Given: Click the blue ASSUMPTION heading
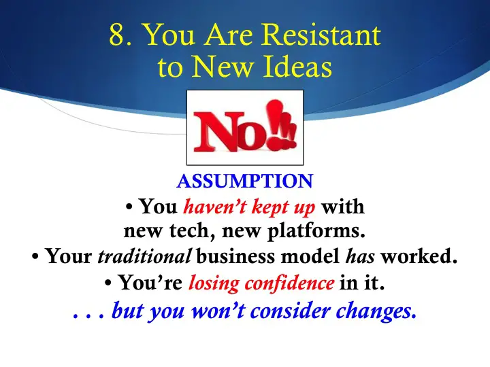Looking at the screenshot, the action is (245, 181).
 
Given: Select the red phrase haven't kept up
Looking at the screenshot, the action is (249, 207).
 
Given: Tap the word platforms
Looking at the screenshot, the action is (316, 232).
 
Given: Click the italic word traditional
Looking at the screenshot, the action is (144, 256).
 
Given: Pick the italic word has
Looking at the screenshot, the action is (360, 256).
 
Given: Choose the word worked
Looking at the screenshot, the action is (419, 256).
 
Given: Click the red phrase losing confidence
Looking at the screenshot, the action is (261, 283).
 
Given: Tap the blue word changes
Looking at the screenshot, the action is (376, 311).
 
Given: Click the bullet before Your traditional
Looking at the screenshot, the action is (35, 257).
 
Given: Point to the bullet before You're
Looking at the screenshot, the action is (108, 283).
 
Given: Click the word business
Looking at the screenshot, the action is (237, 256).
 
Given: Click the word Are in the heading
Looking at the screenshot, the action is (229, 35).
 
